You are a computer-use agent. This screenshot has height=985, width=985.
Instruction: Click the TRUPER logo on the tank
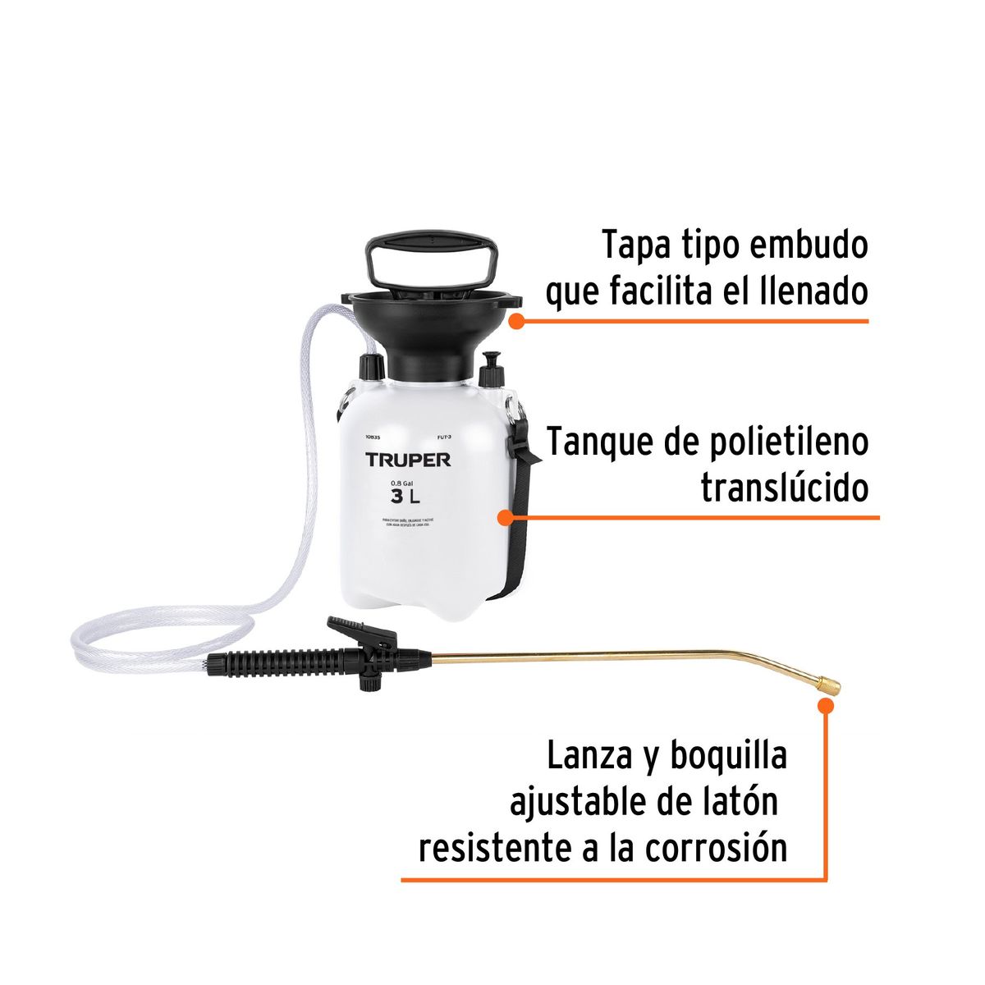[408, 460]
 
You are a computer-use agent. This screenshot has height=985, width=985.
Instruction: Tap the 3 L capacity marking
[405, 496]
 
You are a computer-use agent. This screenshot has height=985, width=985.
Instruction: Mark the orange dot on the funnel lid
[515, 321]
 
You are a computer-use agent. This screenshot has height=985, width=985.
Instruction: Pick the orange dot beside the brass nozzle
[826, 703]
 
